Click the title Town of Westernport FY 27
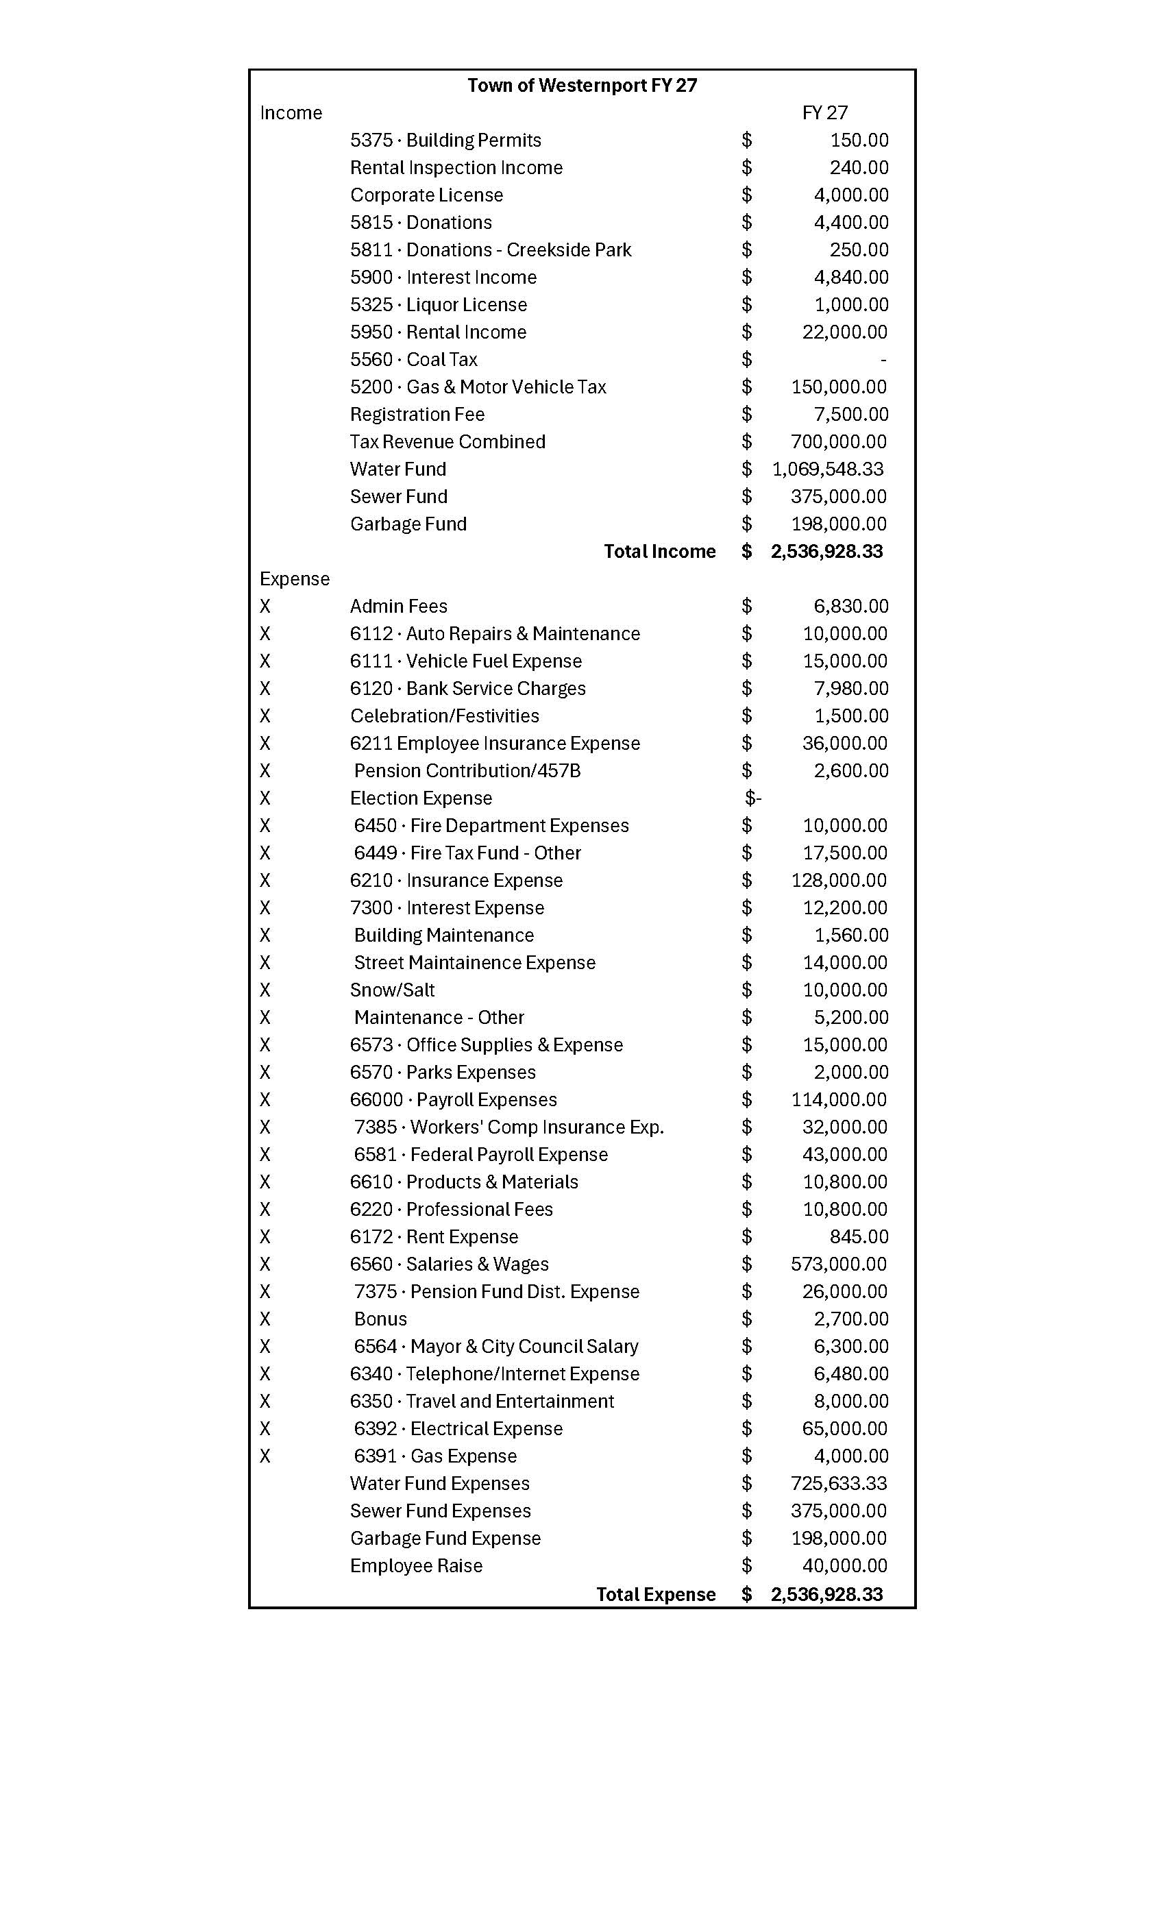pos(582,86)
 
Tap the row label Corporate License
pos(426,195)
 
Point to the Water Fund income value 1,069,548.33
pos(827,469)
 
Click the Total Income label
pos(659,552)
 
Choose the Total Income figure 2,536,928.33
pos(826,552)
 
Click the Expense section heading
pos(295,578)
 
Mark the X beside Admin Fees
pos(265,606)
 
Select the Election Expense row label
pos(421,798)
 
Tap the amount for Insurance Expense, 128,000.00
pos(838,880)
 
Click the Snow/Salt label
pos(392,990)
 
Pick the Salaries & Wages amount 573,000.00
pos(838,1264)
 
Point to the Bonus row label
pos(380,1319)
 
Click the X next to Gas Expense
pos(265,1456)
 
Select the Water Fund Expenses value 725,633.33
pos(838,1483)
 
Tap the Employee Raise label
pos(416,1565)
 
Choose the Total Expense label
pos(656,1594)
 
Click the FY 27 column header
pos(824,113)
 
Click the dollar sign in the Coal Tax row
pos(746,359)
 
